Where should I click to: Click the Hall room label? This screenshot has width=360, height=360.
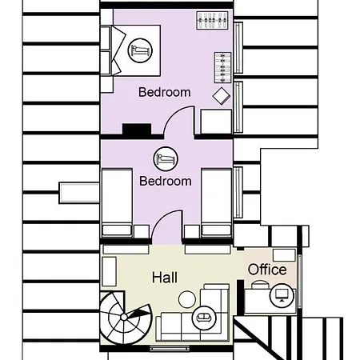165,277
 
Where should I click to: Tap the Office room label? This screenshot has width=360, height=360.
267,270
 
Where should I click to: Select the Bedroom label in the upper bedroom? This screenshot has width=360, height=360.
165,92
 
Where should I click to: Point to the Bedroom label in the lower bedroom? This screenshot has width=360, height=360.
166,181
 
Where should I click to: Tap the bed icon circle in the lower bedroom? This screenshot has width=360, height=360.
166,159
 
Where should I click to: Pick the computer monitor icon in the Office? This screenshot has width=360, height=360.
281,296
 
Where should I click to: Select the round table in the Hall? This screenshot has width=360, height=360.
186,299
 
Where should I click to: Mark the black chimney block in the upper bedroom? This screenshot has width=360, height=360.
136,129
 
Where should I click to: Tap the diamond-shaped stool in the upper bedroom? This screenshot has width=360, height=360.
221,96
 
